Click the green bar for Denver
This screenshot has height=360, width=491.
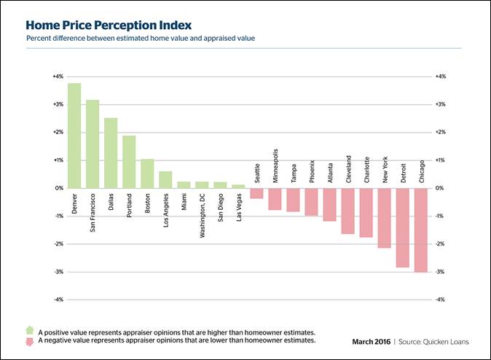click(x=74, y=136)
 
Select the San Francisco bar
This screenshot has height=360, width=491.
click(x=93, y=144)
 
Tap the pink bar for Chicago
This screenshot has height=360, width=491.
click(x=420, y=230)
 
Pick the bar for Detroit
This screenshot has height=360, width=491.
click(x=402, y=227)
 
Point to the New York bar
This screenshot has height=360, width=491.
click(x=384, y=218)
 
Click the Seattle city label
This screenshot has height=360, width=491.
click(x=257, y=173)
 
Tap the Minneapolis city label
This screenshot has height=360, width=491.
click(x=275, y=168)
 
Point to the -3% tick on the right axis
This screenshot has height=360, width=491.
click(x=440, y=272)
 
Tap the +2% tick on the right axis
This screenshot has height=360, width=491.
click(x=440, y=133)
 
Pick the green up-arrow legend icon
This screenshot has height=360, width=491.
click(x=29, y=330)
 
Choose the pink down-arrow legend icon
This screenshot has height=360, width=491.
click(x=29, y=340)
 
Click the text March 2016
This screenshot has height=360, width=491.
click(x=372, y=341)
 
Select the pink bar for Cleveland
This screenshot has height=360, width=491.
click(x=347, y=211)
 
